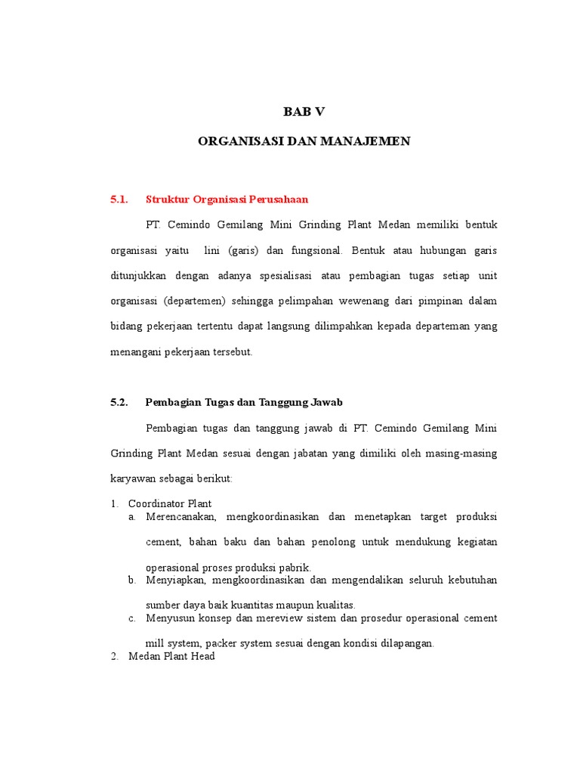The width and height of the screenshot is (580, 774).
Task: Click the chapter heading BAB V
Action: tap(304, 112)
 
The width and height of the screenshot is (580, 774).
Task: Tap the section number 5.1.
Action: tap(119, 200)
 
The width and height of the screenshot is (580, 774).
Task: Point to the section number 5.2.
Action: tap(119, 402)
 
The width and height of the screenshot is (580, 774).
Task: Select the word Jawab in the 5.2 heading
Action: tap(328, 402)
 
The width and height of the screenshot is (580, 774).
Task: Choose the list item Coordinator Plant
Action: tap(170, 503)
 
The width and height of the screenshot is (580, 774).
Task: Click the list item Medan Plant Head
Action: tap(171, 656)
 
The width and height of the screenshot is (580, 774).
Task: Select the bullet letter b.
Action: tap(131, 580)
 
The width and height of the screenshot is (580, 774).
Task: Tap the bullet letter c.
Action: tap(131, 618)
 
